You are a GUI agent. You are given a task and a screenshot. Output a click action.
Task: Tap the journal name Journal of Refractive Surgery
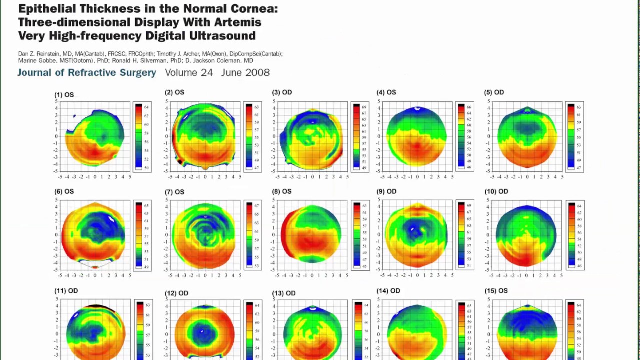click(87, 73)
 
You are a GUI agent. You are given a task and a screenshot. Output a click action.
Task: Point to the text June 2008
click(245, 73)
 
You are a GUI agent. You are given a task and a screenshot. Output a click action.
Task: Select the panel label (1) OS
click(64, 95)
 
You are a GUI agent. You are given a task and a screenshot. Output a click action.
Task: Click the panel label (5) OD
click(493, 92)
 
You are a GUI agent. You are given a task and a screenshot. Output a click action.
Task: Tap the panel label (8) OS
click(281, 191)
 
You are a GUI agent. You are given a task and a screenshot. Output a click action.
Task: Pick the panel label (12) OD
click(176, 293)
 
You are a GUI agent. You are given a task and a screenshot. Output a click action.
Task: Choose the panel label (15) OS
click(495, 291)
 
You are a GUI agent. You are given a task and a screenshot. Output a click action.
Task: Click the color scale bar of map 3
click(356, 136)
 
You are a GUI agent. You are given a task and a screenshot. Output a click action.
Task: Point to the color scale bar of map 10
click(571, 235)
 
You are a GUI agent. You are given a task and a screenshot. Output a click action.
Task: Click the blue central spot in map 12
click(203, 332)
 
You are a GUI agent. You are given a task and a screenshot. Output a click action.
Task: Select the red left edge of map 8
click(284, 234)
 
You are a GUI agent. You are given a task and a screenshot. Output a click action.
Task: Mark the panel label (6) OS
click(64, 191)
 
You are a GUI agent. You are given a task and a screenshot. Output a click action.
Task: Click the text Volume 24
click(189, 73)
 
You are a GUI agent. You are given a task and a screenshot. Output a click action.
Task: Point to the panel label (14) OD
click(388, 291)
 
